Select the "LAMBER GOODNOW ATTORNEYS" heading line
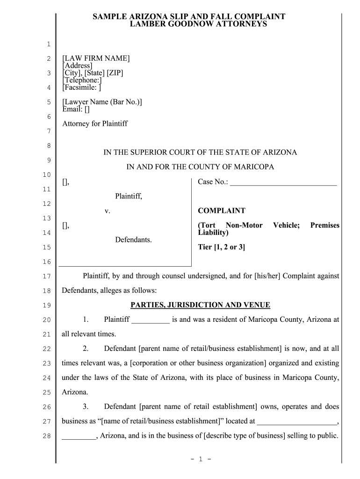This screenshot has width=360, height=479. (x=198, y=24)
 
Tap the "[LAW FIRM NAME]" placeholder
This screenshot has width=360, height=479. (x=96, y=58)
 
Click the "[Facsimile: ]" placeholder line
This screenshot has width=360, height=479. (x=82, y=87)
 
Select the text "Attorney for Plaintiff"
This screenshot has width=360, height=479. (x=95, y=123)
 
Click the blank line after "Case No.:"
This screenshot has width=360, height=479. (x=283, y=182)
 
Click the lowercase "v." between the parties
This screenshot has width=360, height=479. (x=107, y=211)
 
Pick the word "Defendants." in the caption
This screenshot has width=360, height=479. (x=133, y=240)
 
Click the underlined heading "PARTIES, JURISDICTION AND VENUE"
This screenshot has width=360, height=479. (x=200, y=305)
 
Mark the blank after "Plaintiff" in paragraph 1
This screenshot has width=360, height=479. (x=151, y=320)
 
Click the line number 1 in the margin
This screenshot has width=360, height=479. (x=48, y=44)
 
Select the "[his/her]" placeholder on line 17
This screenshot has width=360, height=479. (x=268, y=276)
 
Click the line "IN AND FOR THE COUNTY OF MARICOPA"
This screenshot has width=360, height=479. (x=200, y=167)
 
